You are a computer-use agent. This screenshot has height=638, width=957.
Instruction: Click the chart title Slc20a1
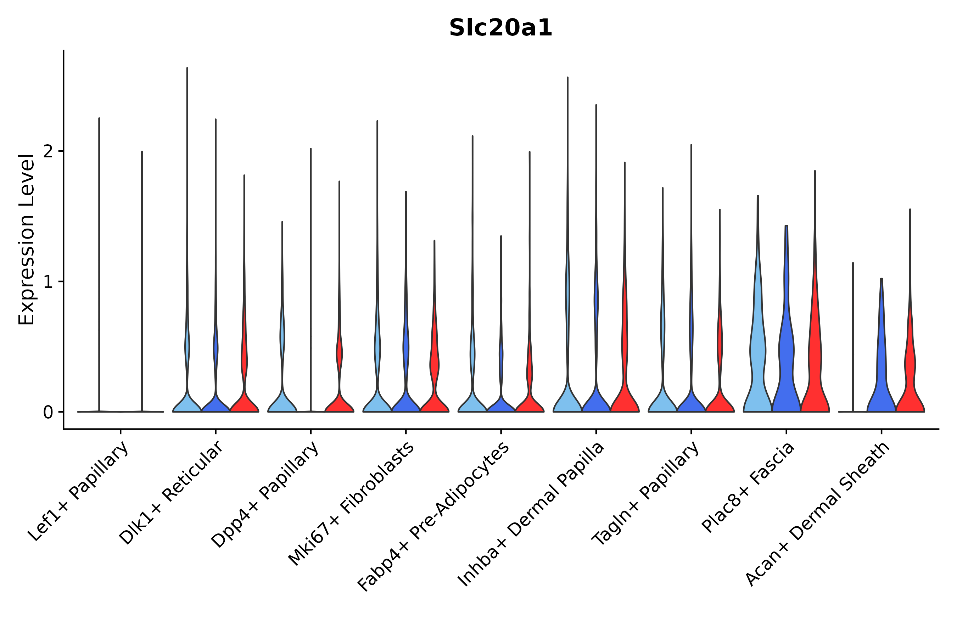point(500,28)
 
